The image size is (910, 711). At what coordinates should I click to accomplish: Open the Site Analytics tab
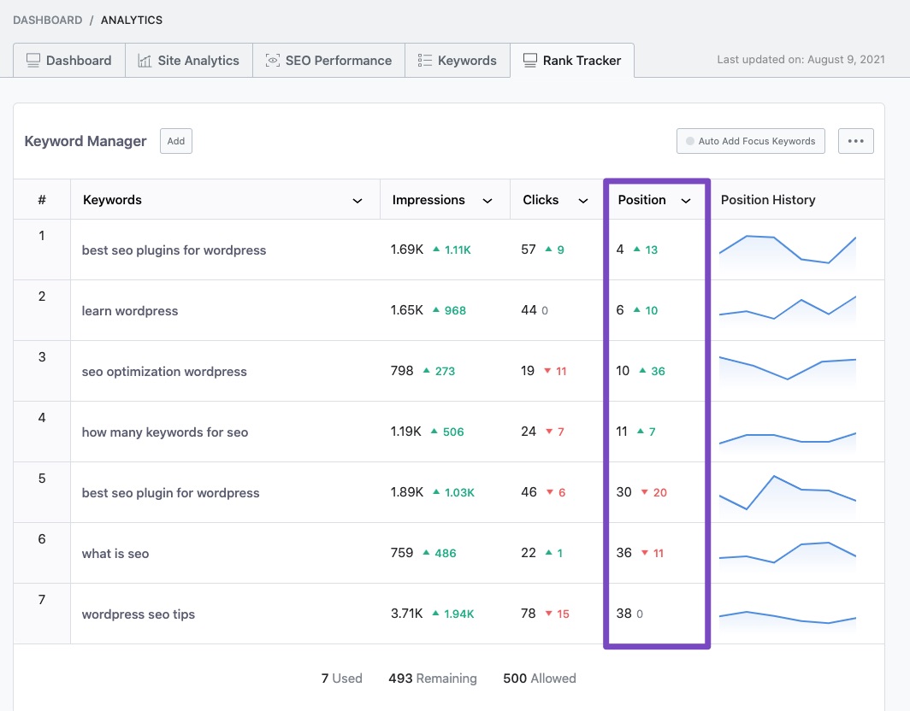coord(188,61)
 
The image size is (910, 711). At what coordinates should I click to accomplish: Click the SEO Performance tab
coord(328,61)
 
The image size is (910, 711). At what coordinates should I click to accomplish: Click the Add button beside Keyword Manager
coord(176,141)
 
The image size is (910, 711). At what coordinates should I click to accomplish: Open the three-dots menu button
coord(855,141)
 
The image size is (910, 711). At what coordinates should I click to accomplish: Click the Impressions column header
coord(428,200)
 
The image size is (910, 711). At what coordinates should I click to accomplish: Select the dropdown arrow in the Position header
coord(686,201)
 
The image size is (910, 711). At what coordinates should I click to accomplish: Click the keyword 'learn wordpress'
coord(130,311)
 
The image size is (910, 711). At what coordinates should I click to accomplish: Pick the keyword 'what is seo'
coord(115,554)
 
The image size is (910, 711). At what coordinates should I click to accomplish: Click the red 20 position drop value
coord(659,492)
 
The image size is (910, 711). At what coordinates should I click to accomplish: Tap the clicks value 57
coord(529,250)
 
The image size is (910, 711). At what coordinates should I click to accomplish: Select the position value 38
coord(623,614)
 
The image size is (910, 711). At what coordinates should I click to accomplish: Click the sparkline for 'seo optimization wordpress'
coord(788,367)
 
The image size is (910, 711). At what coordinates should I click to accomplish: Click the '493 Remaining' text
coord(433,679)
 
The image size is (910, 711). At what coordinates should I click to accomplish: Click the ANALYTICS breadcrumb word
coord(132,20)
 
